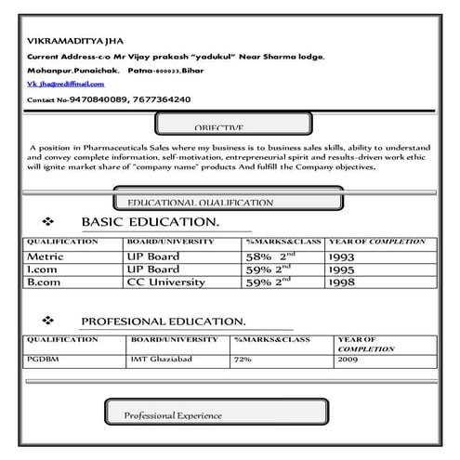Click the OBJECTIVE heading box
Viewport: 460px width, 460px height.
pyautogui.click(x=218, y=127)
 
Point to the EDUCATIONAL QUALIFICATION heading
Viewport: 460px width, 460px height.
pyautogui.click(x=201, y=202)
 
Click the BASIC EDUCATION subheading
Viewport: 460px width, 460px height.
pyautogui.click(x=150, y=222)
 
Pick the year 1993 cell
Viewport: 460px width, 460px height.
pyautogui.click(x=341, y=255)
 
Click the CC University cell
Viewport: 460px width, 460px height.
pyautogui.click(x=165, y=281)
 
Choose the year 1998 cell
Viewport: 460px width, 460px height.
pyautogui.click(x=341, y=281)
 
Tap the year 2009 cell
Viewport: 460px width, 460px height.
pyautogui.click(x=348, y=358)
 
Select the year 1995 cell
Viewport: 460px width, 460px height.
pyautogui.click(x=341, y=268)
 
